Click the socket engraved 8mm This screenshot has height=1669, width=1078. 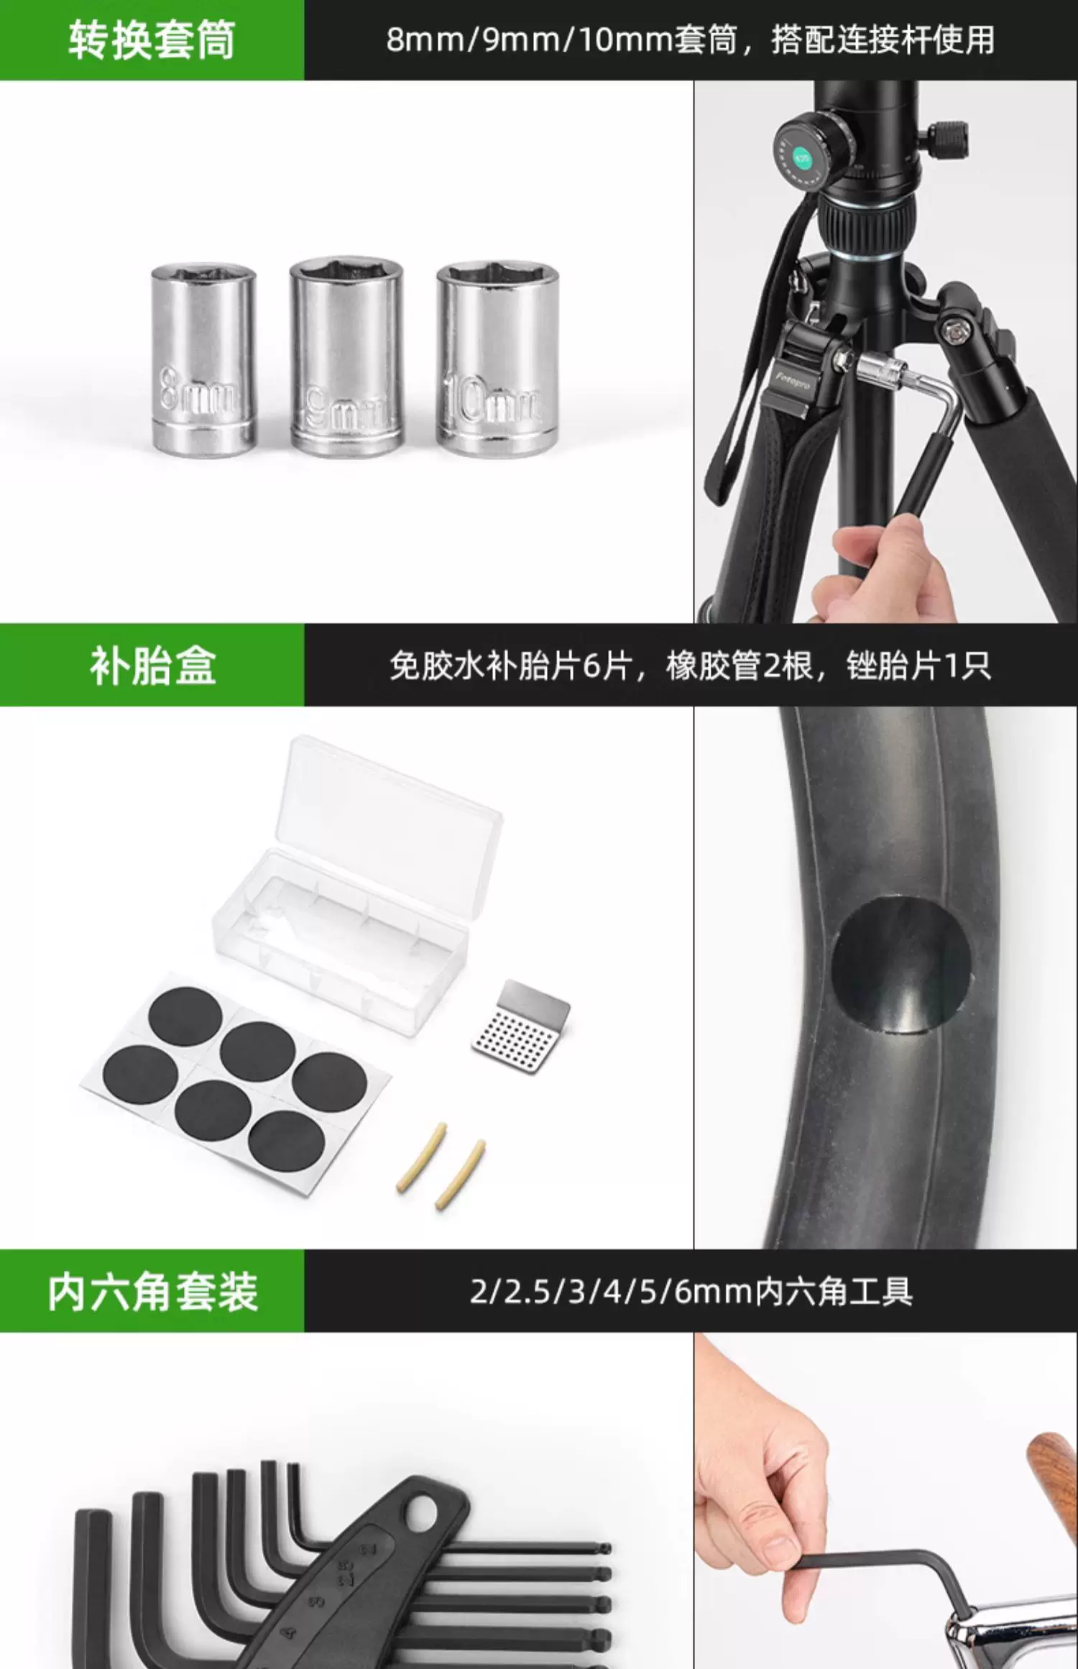[203, 358]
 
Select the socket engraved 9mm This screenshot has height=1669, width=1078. [346, 357]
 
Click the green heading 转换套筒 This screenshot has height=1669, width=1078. [152, 40]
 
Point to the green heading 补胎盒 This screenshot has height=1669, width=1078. [152, 666]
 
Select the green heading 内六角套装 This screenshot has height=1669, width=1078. [152, 1292]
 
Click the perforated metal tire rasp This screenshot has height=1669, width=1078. [521, 1027]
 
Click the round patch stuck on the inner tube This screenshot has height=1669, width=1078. [901, 964]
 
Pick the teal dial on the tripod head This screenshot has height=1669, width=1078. [802, 157]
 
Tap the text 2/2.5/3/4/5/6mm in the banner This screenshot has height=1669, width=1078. [612, 1292]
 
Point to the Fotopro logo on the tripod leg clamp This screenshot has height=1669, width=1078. [792, 379]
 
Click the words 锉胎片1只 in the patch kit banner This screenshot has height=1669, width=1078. [918, 666]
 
